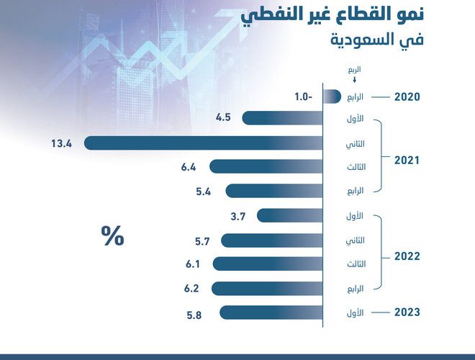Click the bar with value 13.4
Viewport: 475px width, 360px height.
click(x=203, y=143)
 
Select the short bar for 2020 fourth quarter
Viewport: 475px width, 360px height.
click(x=332, y=96)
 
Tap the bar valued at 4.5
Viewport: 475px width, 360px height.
click(x=282, y=118)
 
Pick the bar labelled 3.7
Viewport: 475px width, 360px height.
click(x=289, y=216)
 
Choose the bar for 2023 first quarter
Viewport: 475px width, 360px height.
click(x=271, y=312)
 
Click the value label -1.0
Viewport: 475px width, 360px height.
click(x=303, y=97)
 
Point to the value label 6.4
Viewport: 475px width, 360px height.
click(x=189, y=167)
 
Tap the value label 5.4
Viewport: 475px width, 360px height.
click(x=203, y=192)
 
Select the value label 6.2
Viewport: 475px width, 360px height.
click(x=191, y=289)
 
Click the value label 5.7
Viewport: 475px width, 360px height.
click(x=202, y=241)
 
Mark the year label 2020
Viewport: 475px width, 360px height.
click(x=407, y=97)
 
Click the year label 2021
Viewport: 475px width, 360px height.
click(x=407, y=161)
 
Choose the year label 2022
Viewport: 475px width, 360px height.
click(x=407, y=256)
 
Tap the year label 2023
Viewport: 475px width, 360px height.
click(x=407, y=312)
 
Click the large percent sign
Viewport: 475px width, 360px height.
click(x=112, y=235)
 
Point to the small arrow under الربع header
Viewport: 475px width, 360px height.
click(x=354, y=80)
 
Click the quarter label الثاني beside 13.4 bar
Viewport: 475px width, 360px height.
click(x=356, y=144)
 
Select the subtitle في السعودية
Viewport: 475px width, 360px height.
click(x=377, y=40)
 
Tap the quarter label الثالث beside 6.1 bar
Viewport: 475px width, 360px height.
click(x=356, y=264)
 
